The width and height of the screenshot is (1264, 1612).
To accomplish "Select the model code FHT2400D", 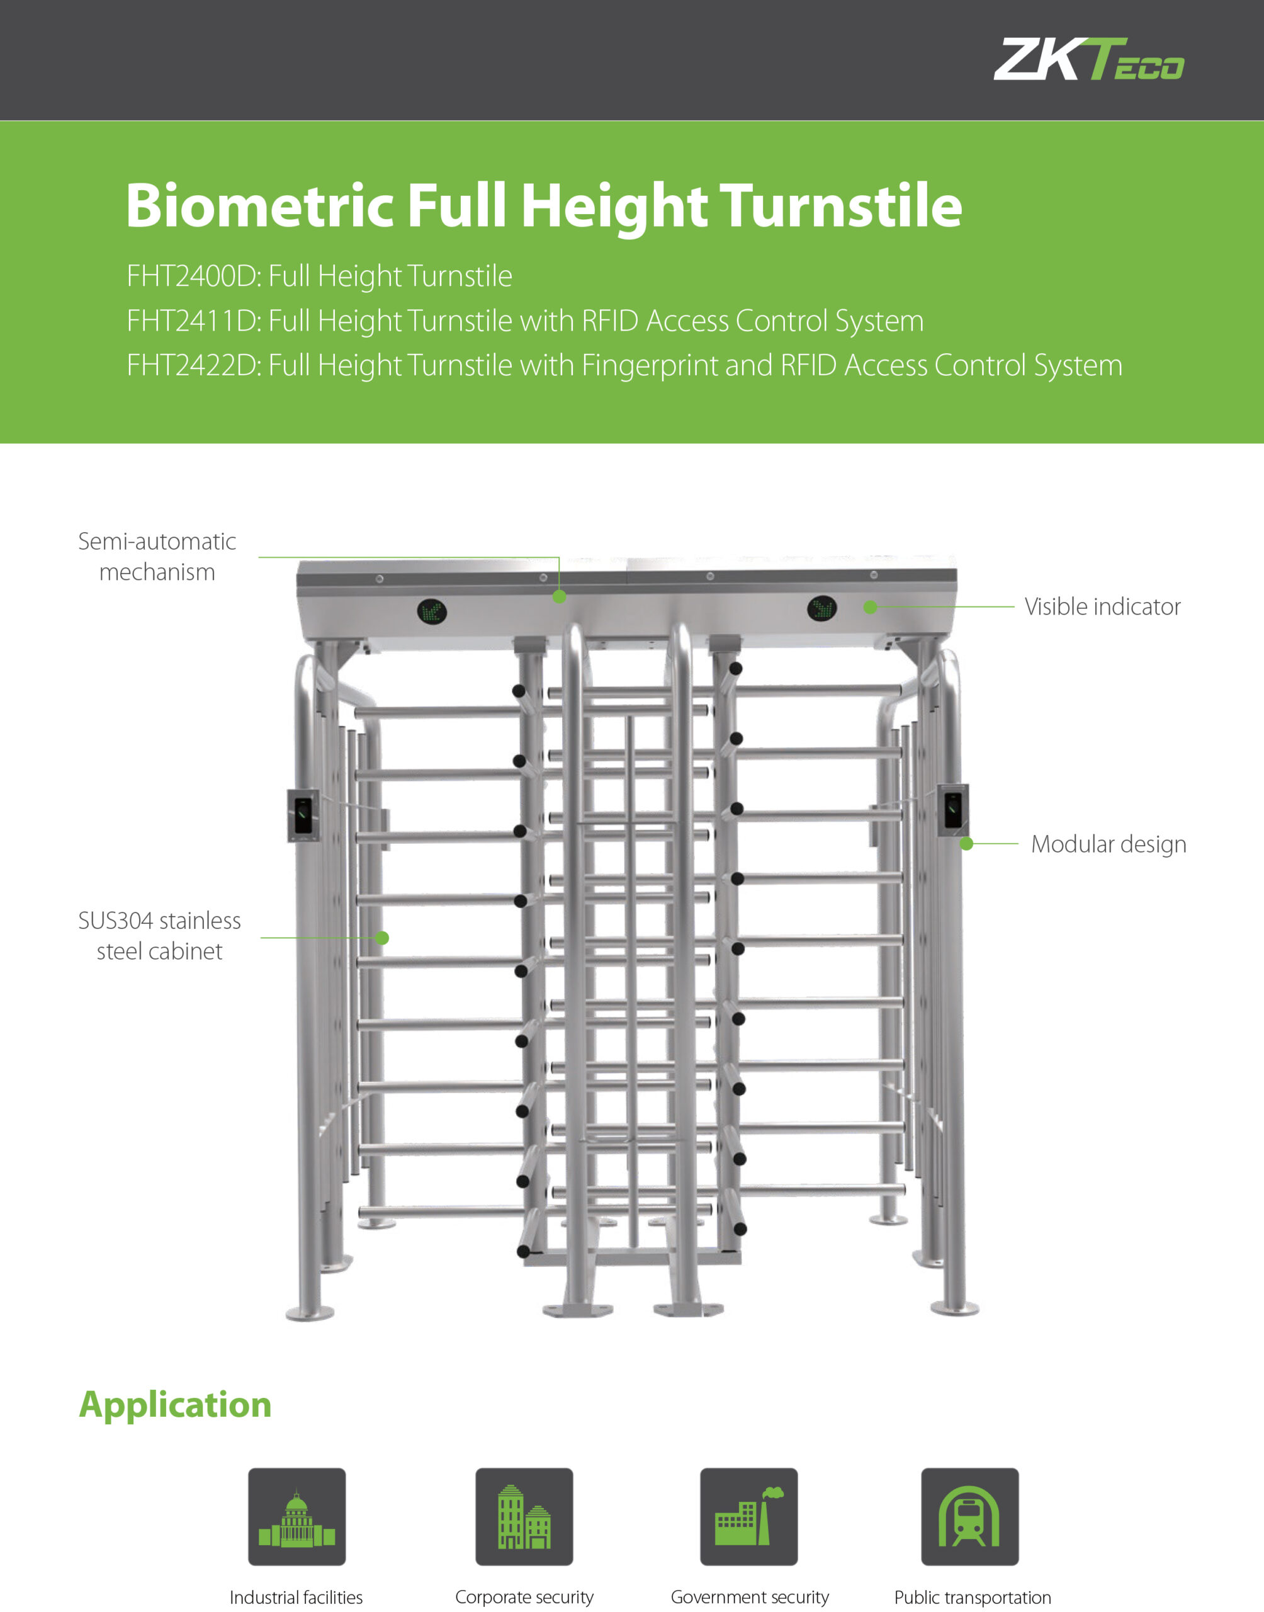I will [x=191, y=276].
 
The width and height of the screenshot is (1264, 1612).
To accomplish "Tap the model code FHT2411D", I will [x=191, y=321].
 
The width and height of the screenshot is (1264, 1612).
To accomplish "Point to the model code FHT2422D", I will [x=191, y=366].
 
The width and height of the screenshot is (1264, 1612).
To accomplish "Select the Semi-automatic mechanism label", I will [x=157, y=557].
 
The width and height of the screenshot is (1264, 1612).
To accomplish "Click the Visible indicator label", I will [x=1102, y=607].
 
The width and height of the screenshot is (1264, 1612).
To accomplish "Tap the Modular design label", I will [x=1108, y=844].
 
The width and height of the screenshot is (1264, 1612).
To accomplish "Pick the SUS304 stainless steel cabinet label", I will [x=159, y=936].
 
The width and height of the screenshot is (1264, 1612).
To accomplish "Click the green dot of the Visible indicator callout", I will [x=871, y=607].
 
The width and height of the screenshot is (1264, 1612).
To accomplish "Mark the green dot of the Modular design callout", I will [x=966, y=844].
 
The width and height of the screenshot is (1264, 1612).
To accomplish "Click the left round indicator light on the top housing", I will [x=431, y=611].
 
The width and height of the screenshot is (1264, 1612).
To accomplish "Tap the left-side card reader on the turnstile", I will [x=303, y=815].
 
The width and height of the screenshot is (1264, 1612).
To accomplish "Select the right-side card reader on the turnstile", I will [x=953, y=810].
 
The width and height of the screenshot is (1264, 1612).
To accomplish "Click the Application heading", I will [x=176, y=1405].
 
